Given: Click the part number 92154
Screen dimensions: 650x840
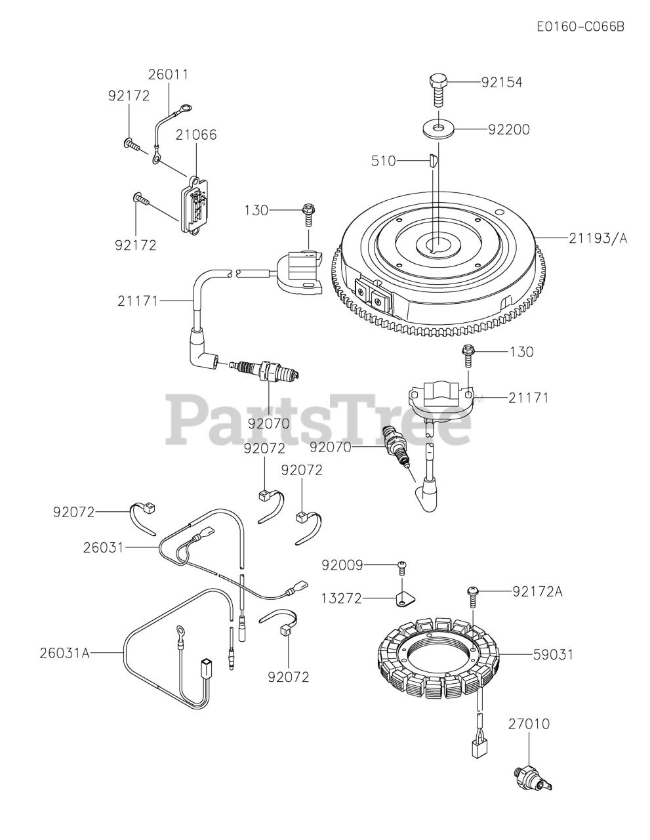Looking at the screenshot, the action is coord(502,83).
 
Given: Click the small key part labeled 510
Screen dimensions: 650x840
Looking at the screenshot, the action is coord(433,161).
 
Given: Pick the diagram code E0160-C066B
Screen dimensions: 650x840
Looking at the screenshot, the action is coord(580,26).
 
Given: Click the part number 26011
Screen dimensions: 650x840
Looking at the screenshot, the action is coord(168,75).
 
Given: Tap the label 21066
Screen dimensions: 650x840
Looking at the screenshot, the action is coord(196,135).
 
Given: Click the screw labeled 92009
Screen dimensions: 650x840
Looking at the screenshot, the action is coord(403,566).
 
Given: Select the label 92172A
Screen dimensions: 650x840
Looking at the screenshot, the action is coord(538,591).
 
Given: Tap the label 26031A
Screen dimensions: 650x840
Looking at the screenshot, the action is coord(64,652).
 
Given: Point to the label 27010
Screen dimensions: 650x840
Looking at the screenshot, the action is coord(529,724).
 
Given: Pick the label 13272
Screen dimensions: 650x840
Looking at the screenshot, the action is coord(341,598).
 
